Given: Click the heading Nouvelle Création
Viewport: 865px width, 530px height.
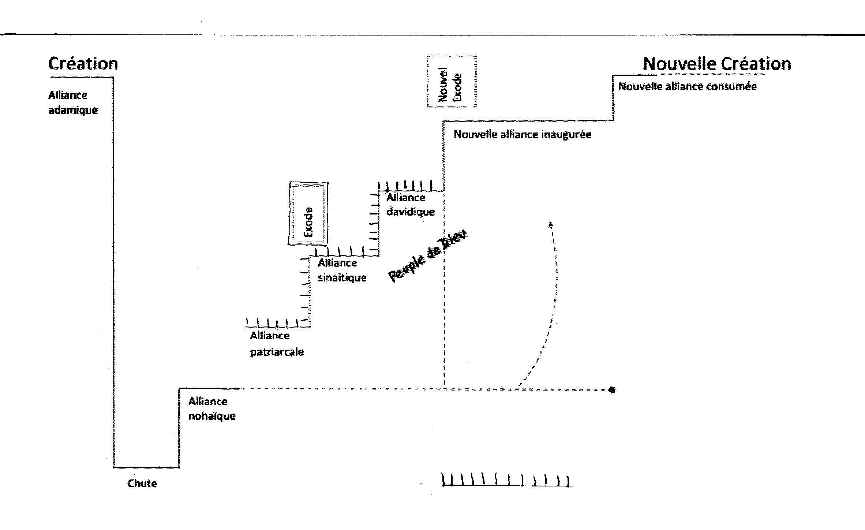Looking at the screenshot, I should tap(717, 64).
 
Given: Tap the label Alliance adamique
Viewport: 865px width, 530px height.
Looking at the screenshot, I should tap(73, 102).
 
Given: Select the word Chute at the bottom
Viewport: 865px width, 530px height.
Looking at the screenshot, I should tap(142, 484).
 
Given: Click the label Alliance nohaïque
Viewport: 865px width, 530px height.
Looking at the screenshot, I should tap(212, 408).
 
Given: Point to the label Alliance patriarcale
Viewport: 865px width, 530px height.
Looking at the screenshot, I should tap(277, 344).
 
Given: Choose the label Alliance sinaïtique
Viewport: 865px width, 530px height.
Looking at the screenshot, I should tap(342, 270).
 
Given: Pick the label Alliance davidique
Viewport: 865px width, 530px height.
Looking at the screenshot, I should tap(411, 205).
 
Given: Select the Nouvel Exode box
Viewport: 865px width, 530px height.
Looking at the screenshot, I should tap(452, 82).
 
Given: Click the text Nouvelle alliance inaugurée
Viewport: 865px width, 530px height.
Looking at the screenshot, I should tap(522, 134).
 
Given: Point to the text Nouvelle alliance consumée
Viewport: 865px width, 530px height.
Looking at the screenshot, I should tap(687, 86).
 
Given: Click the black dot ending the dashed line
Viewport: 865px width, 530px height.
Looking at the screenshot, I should tap(612, 390).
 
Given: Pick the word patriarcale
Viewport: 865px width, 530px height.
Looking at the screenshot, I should tap(277, 352).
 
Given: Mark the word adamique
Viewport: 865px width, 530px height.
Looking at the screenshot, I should tap(73, 110).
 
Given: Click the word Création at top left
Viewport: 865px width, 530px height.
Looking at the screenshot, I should tap(83, 64).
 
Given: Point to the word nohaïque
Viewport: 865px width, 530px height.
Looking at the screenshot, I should tap(212, 416).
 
